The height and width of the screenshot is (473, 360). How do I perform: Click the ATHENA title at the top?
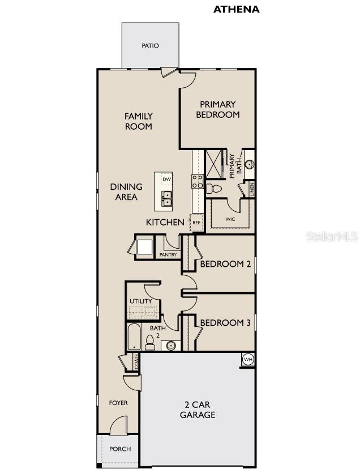[x=236, y=9]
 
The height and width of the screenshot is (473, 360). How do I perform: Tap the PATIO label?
[x=150, y=46]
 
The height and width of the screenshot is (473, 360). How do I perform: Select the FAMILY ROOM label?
[x=139, y=121]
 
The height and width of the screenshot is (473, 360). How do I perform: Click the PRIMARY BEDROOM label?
[x=218, y=109]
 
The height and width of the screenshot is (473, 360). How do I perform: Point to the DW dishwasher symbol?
[x=166, y=180]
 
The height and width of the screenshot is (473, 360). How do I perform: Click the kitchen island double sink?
[x=167, y=198]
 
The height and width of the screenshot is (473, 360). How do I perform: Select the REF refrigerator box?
[x=196, y=223]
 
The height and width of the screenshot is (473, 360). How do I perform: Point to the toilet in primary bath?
[x=214, y=189]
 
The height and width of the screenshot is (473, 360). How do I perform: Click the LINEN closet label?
[x=250, y=188]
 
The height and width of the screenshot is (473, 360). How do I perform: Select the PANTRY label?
[x=168, y=255]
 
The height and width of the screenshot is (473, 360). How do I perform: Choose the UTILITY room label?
[x=140, y=301]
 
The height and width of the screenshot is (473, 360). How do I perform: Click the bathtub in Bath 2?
[x=134, y=338]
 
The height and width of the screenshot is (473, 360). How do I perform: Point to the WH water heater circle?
[x=248, y=359]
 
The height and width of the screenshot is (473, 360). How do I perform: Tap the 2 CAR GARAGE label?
[x=198, y=410]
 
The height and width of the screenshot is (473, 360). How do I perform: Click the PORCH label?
[x=119, y=449]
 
